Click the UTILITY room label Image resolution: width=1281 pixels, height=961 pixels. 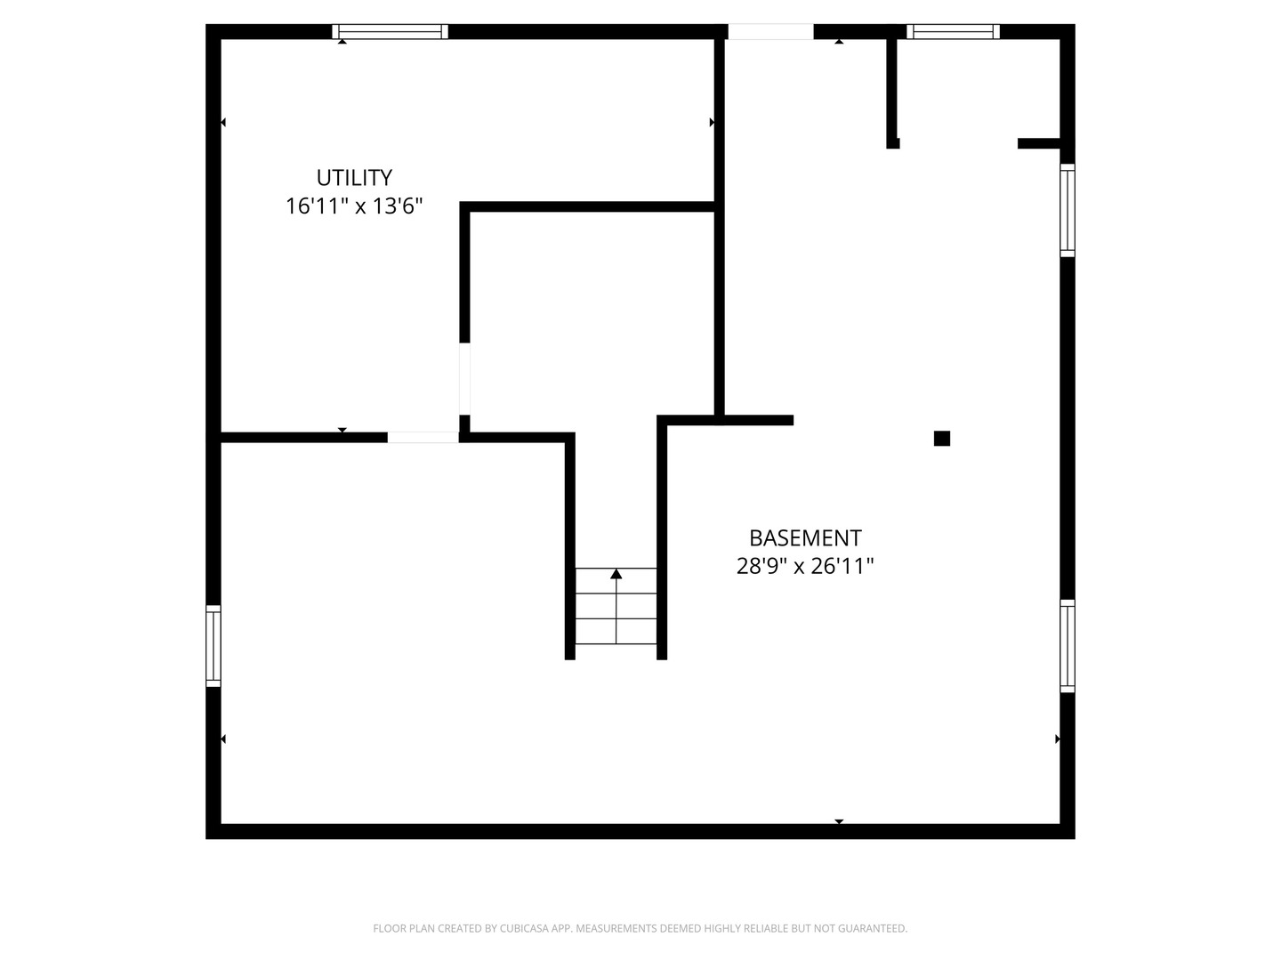[x=354, y=177]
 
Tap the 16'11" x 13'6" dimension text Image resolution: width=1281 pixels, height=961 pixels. [x=354, y=206]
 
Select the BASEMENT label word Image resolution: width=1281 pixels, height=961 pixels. [x=805, y=538]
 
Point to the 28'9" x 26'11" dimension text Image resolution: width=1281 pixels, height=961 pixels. [x=805, y=566]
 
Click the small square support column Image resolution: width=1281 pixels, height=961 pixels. [x=941, y=438]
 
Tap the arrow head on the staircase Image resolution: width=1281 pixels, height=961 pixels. [x=616, y=574]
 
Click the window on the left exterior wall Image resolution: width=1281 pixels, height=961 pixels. [x=213, y=645]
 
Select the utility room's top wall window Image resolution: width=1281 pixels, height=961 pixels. [x=390, y=31]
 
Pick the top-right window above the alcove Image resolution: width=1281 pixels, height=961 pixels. [x=953, y=31]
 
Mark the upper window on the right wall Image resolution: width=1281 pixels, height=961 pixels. [x=1067, y=210]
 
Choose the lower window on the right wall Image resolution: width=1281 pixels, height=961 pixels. [x=1067, y=646]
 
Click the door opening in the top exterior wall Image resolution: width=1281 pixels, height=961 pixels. [x=770, y=31]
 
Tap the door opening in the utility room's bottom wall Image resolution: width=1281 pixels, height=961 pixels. [x=423, y=438]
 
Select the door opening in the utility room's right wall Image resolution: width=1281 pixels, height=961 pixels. [x=464, y=379]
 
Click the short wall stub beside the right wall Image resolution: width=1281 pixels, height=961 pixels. [x=1039, y=143]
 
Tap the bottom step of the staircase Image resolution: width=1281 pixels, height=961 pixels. [x=616, y=632]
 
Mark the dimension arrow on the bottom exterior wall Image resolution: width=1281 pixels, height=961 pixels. [x=839, y=821]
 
